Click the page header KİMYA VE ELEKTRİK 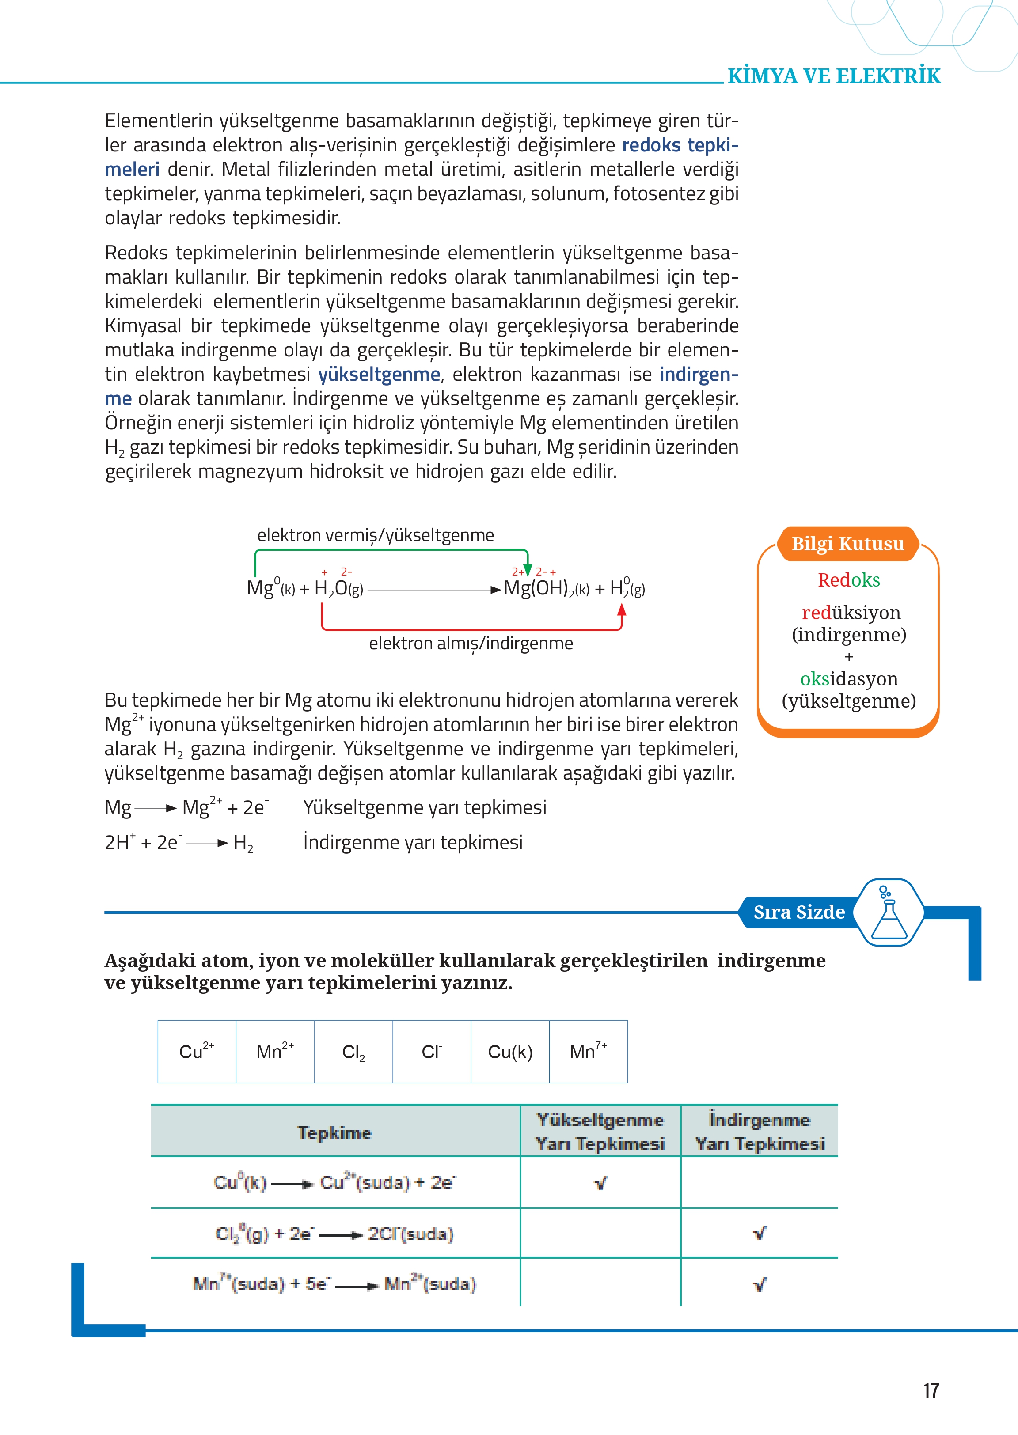coord(834,76)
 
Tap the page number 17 coord(931,1390)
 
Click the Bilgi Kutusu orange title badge coord(847,544)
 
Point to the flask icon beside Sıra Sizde coord(889,913)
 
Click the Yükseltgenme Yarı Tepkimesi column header coord(600,1132)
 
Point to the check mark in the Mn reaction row coord(759,1284)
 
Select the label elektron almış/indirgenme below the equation coord(471,644)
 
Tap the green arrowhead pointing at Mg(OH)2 coord(527,570)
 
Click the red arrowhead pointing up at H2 coord(622,609)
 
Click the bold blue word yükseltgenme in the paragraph coord(379,374)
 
